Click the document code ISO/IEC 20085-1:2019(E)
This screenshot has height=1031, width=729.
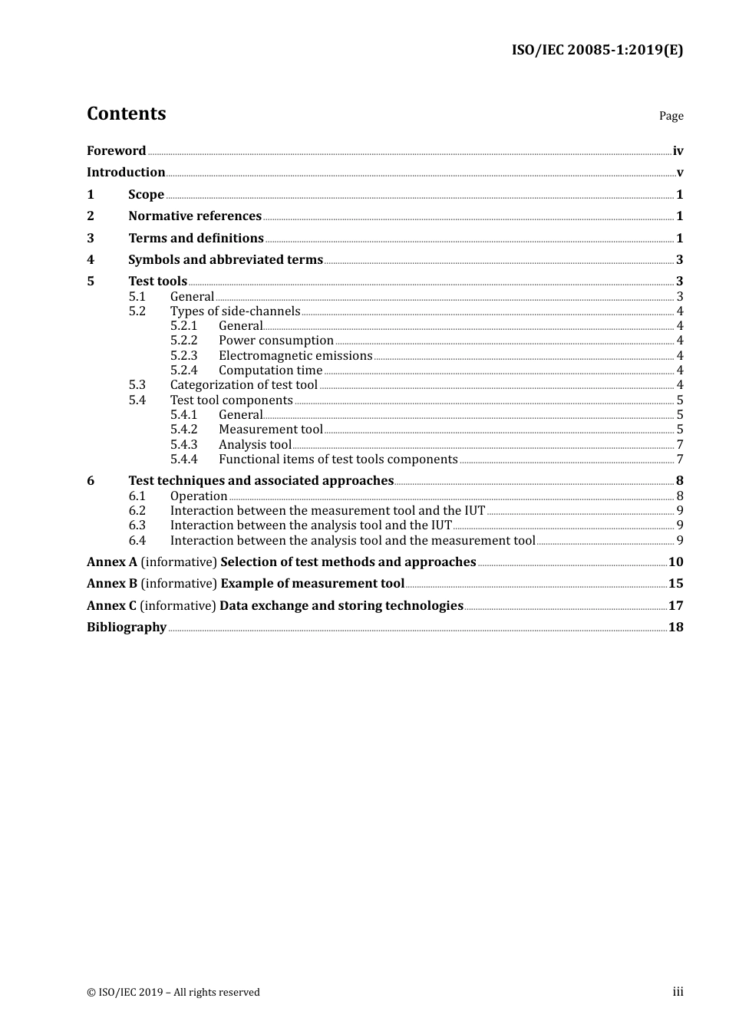597,51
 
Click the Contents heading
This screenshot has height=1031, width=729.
126,114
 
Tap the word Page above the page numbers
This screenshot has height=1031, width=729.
671,116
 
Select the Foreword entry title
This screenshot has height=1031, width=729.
116,151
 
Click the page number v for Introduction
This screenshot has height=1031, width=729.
679,173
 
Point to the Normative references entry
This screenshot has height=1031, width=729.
195,216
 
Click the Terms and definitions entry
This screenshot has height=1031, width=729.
196,239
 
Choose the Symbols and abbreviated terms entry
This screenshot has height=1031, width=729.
226,260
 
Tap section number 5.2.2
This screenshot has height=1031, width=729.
183,341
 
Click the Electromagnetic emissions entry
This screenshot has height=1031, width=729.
295,356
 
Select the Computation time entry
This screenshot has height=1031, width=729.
270,371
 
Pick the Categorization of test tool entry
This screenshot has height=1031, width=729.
243,385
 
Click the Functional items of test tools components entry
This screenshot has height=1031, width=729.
338,460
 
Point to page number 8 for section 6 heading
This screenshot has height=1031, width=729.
679,481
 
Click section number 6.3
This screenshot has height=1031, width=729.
137,525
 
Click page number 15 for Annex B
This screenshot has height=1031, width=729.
675,584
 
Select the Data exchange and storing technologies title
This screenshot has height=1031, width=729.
341,606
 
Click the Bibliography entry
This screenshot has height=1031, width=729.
127,627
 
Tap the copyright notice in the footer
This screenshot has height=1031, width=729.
173,993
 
